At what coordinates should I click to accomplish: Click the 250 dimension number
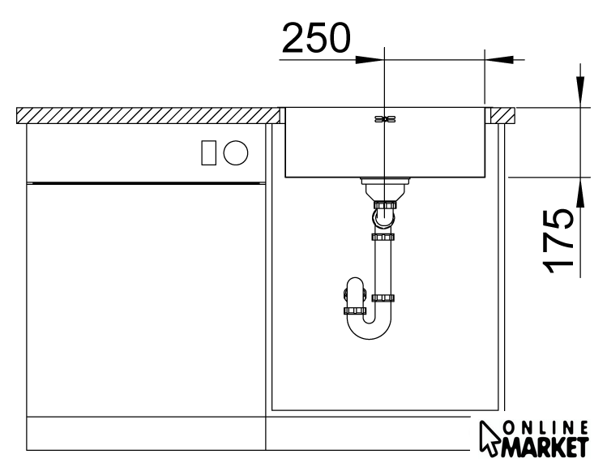coord(316,37)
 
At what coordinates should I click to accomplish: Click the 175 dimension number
coord(558,241)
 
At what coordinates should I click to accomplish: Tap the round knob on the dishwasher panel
coord(236,152)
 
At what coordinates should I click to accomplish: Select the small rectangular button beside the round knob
coord(208,152)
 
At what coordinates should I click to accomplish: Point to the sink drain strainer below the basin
coord(384,188)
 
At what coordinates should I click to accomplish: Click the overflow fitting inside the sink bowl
coord(384,119)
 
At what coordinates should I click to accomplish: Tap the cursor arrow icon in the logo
coord(489,438)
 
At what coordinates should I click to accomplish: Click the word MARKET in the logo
coord(546,448)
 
